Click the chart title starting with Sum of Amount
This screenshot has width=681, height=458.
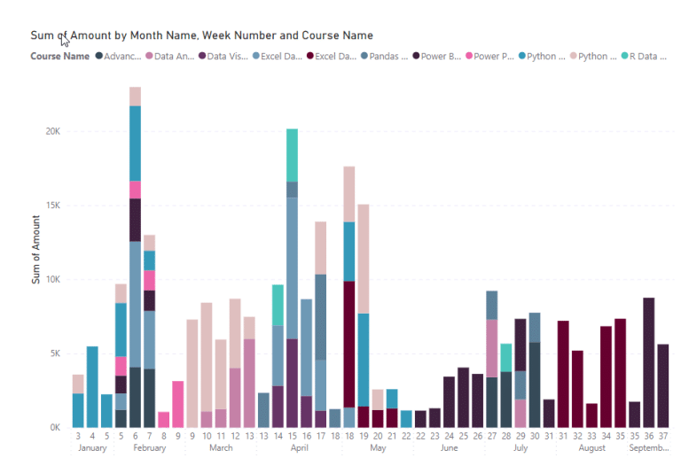pyautogui.click(x=201, y=35)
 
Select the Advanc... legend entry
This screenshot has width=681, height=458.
pyautogui.click(x=117, y=57)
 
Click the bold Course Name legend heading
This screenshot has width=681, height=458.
pyautogui.click(x=59, y=57)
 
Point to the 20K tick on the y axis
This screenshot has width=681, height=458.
pyautogui.click(x=52, y=131)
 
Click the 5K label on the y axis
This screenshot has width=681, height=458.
pyautogui.click(x=52, y=353)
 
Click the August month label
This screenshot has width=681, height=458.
pyautogui.click(x=591, y=448)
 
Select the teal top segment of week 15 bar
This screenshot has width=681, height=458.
pyautogui.click(x=292, y=155)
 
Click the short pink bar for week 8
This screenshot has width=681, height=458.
pyautogui.click(x=163, y=419)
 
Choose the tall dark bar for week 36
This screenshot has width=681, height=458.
pyautogui.click(x=649, y=362)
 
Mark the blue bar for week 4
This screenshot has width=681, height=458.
pyautogui.click(x=92, y=386)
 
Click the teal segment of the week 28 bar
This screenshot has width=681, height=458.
pyautogui.click(x=505, y=357)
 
